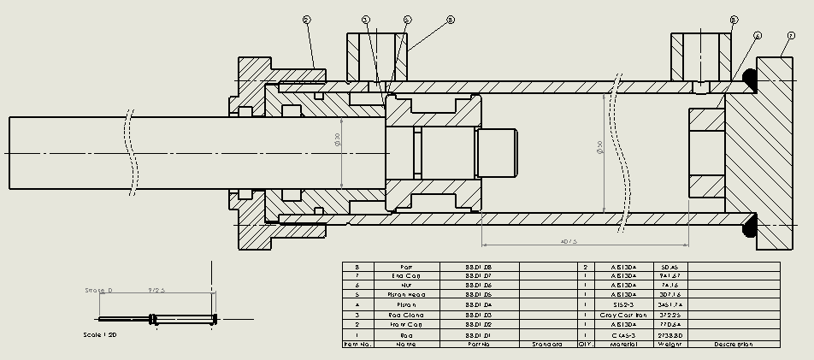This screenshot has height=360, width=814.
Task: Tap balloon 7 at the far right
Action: click(791, 35)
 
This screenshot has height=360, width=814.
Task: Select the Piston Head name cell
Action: click(407, 294)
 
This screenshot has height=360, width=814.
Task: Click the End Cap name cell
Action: click(407, 275)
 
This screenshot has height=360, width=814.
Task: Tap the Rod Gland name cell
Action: click(407, 315)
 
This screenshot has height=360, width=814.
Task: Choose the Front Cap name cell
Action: click(407, 325)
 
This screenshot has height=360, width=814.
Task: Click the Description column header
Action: click(734, 345)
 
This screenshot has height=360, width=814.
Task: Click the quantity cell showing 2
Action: click(585, 267)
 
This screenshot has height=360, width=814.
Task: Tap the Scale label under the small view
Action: click(100, 335)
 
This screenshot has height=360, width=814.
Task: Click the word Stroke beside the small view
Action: click(99, 291)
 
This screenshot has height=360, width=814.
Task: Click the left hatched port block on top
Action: click(377, 56)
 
